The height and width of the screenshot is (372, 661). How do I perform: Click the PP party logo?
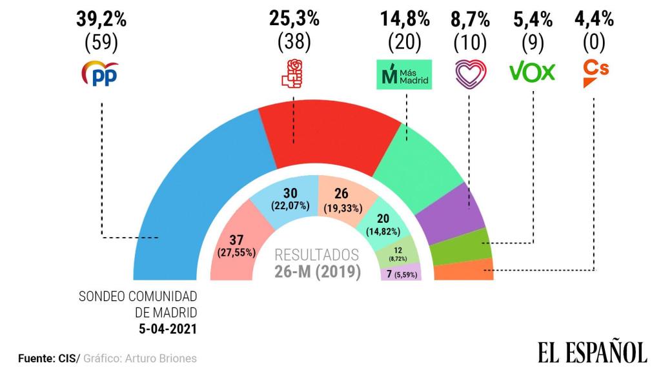point(100,75)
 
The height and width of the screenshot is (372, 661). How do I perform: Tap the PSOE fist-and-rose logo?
point(293,73)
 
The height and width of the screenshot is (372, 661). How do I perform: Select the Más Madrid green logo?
point(403,74)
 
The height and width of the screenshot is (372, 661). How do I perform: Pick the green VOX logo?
point(532,72)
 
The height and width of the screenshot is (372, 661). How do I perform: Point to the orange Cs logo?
point(595,74)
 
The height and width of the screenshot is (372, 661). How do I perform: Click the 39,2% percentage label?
point(101,19)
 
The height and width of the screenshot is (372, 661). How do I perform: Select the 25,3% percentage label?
point(294,19)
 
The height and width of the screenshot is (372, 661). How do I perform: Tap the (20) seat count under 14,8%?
point(404,43)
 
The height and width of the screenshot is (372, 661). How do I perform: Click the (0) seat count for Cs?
point(595,43)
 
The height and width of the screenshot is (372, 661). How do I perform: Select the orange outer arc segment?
point(465,270)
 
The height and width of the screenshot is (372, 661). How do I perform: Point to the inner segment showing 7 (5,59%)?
point(401,273)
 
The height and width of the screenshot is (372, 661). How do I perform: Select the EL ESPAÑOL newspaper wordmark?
point(592,353)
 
